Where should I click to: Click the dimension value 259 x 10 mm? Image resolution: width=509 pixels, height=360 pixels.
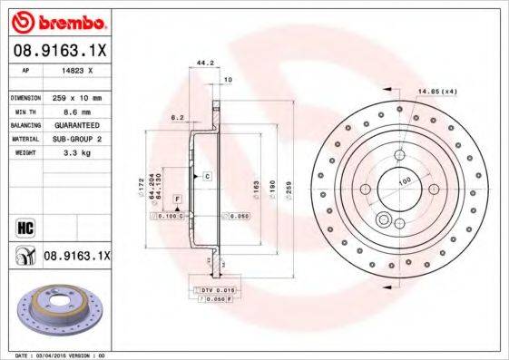(77, 97)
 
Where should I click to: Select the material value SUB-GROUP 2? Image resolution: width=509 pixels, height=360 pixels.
(77, 139)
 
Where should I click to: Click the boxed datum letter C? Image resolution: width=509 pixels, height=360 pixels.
(207, 174)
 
